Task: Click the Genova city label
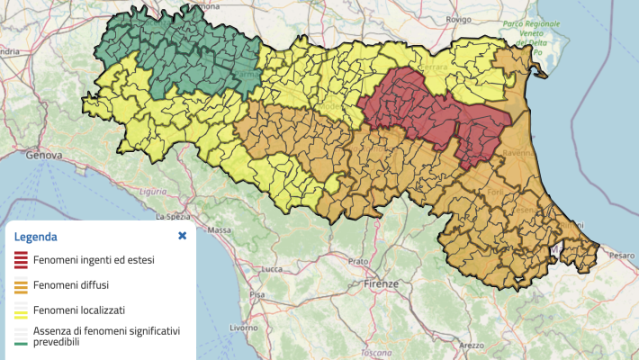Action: tap(27, 155)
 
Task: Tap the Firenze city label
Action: tap(382, 283)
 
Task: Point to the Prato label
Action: tap(359, 261)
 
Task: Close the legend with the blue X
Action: tap(182, 236)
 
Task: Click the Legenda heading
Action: tap(35, 237)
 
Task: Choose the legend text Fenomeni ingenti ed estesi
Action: tap(94, 261)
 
